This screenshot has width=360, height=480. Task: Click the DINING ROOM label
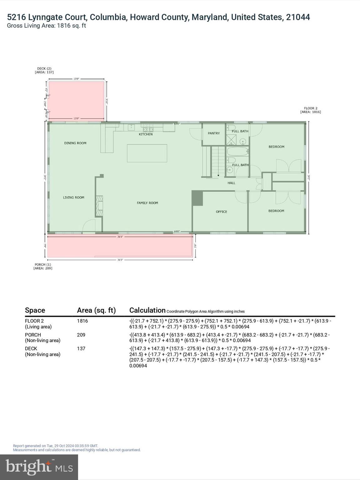[x=75, y=143]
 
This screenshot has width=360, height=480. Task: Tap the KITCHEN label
[x=146, y=134]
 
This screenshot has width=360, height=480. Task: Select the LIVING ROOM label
[x=73, y=197]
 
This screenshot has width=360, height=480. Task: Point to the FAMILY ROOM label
[x=147, y=203]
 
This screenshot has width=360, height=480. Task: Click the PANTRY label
[x=214, y=133]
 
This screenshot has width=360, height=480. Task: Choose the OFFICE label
[x=221, y=212]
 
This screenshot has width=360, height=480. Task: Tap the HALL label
[x=231, y=183]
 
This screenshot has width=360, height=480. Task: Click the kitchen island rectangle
[x=147, y=153]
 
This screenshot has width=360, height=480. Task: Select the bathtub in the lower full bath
[x=237, y=152]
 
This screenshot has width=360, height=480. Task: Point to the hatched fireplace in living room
[x=99, y=206]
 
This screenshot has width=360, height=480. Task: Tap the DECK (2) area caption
[x=44, y=70]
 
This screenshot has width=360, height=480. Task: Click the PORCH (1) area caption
[x=43, y=266]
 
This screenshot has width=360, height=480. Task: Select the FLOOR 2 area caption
[x=310, y=110]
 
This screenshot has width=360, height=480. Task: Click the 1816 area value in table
[x=82, y=321]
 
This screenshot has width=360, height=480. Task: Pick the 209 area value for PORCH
[x=81, y=335]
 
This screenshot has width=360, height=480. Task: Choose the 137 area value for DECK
[x=81, y=348]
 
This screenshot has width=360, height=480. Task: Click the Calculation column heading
[x=147, y=310]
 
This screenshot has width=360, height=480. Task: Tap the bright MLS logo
[x=39, y=467]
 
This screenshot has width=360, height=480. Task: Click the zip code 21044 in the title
[x=298, y=17]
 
